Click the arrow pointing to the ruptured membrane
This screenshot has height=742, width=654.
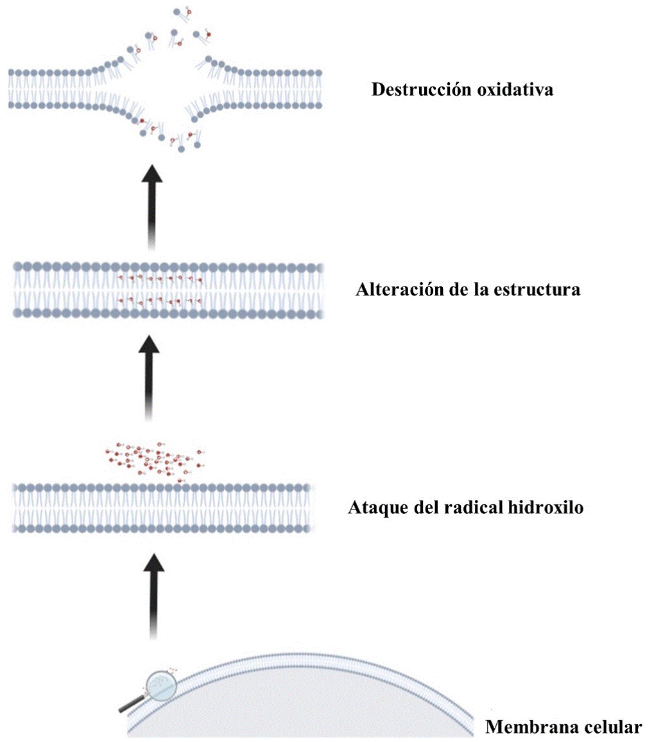[x=151, y=206]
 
